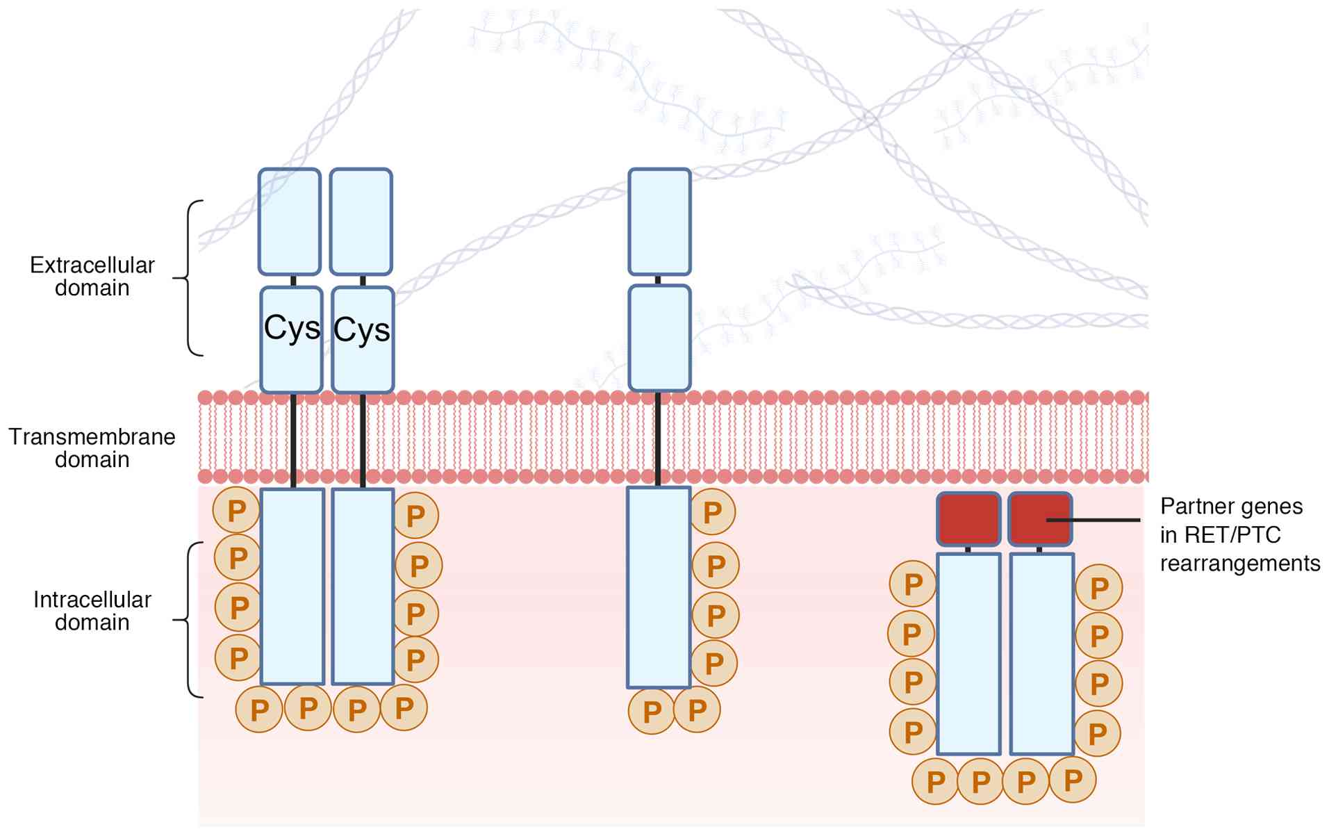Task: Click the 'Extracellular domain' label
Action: tap(92, 276)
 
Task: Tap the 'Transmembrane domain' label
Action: tap(92, 448)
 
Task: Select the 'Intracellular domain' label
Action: tap(92, 610)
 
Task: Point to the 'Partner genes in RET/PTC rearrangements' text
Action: tap(1239, 534)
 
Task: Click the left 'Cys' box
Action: tap(292, 340)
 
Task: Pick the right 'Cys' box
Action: tap(363, 340)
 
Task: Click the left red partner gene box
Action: tap(968, 519)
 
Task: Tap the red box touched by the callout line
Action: tap(1040, 519)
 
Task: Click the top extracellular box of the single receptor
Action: tap(659, 222)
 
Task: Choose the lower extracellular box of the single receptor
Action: tap(659, 338)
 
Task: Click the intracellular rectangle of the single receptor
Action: tap(659, 587)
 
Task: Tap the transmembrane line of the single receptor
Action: tap(658, 438)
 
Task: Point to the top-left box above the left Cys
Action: tap(290, 222)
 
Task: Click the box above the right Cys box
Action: tap(361, 222)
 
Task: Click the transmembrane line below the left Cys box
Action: tap(293, 439)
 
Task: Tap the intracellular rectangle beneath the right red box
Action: tap(1041, 653)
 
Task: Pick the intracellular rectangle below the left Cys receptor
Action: tap(292, 587)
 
